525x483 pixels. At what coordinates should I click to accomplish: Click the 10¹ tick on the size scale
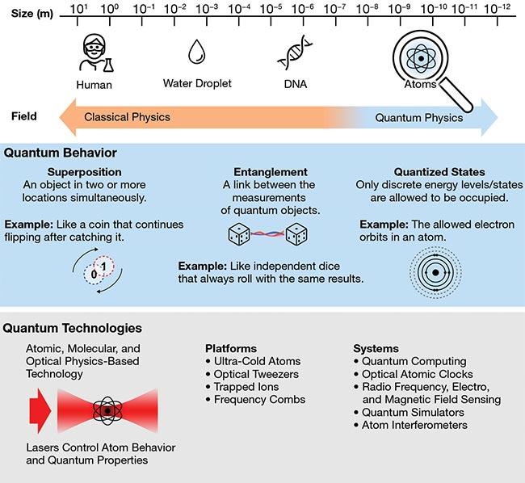[x=80, y=9]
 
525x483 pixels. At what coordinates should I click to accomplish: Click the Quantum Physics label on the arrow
[x=419, y=118]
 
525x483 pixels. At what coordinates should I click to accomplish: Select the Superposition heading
[x=84, y=172]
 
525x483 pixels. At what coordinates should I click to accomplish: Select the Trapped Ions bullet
[x=245, y=387]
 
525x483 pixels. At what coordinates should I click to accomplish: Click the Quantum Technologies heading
[x=73, y=329]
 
